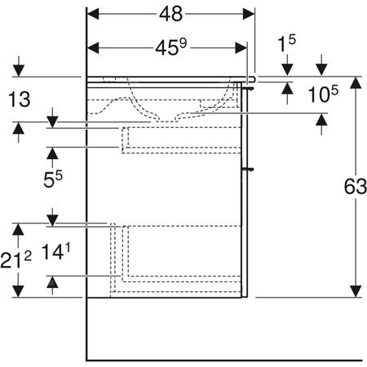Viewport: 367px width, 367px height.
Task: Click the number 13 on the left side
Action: point(18,99)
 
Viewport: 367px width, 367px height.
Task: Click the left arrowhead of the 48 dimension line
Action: point(92,14)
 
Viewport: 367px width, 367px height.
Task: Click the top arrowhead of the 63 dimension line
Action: point(355,82)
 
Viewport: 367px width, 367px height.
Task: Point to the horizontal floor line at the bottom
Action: point(224,360)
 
